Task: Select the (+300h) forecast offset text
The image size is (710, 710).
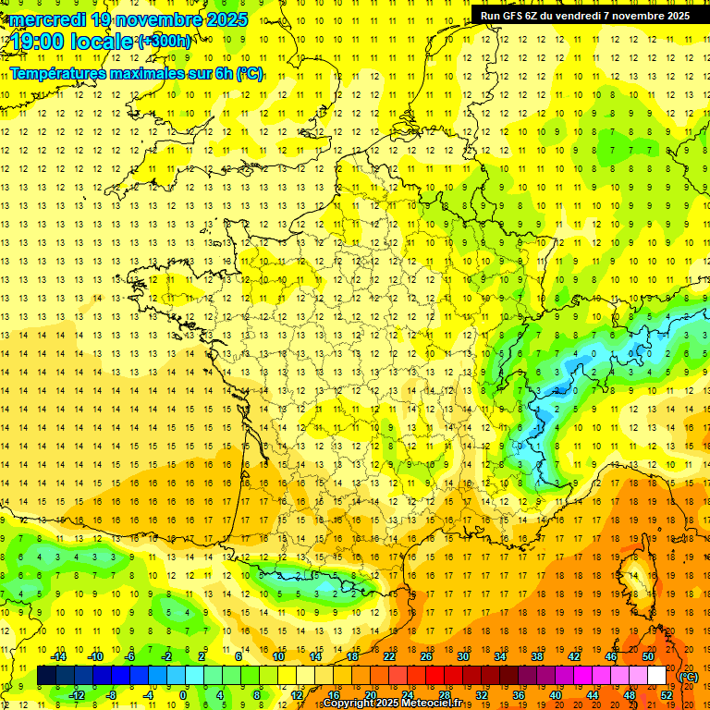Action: tap(165, 41)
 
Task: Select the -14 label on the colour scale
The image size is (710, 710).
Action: tap(60, 656)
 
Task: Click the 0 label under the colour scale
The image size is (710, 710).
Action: tap(183, 695)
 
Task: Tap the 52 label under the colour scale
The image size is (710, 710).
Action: tap(666, 695)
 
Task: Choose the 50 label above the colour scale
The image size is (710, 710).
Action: tap(647, 656)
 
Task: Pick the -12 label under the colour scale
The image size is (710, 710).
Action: tap(77, 695)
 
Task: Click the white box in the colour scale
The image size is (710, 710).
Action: tap(656, 676)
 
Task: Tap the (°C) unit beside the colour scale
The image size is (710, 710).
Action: tap(689, 676)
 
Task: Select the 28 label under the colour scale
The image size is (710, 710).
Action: tap(444, 695)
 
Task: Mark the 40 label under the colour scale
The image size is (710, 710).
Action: tap(555, 695)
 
